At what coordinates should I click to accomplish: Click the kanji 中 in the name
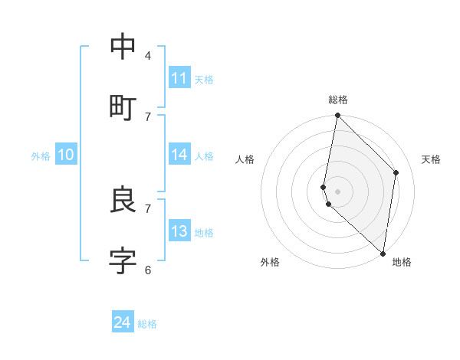pyautogui.click(x=123, y=47)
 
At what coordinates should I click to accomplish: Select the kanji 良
pyautogui.click(x=123, y=200)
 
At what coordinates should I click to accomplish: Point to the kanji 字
pyautogui.click(x=123, y=260)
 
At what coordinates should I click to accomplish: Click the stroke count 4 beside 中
pyautogui.click(x=147, y=55)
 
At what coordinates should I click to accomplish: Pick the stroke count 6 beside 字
pyautogui.click(x=147, y=269)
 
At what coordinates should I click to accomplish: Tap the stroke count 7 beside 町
pyautogui.click(x=147, y=116)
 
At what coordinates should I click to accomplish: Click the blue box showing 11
pyautogui.click(x=179, y=78)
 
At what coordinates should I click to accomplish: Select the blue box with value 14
pyautogui.click(x=179, y=155)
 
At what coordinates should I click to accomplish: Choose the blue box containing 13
pyautogui.click(x=179, y=231)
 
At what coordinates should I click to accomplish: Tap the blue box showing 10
pyautogui.click(x=66, y=155)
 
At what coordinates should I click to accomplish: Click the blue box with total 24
pyautogui.click(x=123, y=323)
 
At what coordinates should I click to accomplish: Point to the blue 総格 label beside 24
pyautogui.click(x=147, y=324)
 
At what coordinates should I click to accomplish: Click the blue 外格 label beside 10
pyautogui.click(x=41, y=156)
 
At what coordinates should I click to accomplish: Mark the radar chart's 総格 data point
pyautogui.click(x=337, y=116)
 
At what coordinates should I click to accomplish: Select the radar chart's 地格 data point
pyautogui.click(x=383, y=254)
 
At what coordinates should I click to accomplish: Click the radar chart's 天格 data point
pyautogui.click(x=396, y=172)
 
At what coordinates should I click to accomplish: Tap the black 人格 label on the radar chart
pyautogui.click(x=245, y=159)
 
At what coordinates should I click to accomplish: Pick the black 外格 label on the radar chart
pyautogui.click(x=270, y=262)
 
